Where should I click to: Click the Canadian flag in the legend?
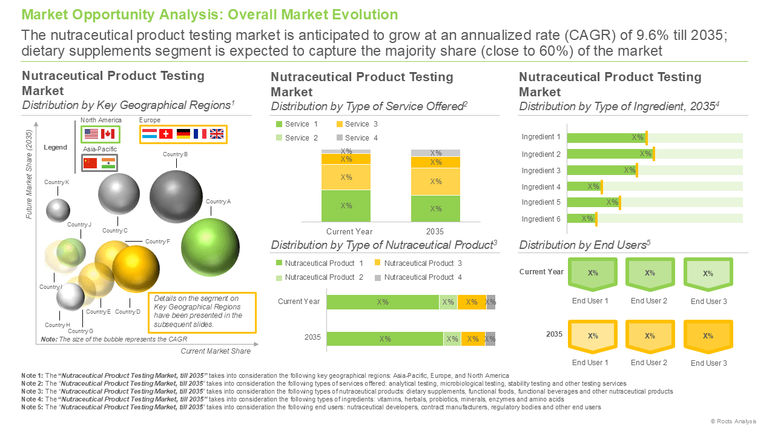point(108,134)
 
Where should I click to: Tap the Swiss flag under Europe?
point(166,134)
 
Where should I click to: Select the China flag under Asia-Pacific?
point(90,163)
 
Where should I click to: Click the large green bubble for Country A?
point(210,247)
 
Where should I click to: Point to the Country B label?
point(176,154)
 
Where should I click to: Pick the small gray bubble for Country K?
point(58,210)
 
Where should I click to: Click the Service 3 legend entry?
point(357,124)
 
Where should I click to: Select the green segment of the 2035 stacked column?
point(435,209)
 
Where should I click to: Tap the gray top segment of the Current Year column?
point(346,151)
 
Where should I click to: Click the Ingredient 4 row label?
point(541,187)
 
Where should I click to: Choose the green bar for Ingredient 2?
point(610,154)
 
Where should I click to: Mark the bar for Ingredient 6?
point(582,219)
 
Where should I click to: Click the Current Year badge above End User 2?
point(650,274)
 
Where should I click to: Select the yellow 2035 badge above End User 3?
point(708,336)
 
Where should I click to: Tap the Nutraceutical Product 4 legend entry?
point(418,277)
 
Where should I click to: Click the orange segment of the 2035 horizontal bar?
point(473,339)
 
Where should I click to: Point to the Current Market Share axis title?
point(216,351)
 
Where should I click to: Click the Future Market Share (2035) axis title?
point(28,174)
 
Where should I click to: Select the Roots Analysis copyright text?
point(733,421)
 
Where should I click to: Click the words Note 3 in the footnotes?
point(32,391)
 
